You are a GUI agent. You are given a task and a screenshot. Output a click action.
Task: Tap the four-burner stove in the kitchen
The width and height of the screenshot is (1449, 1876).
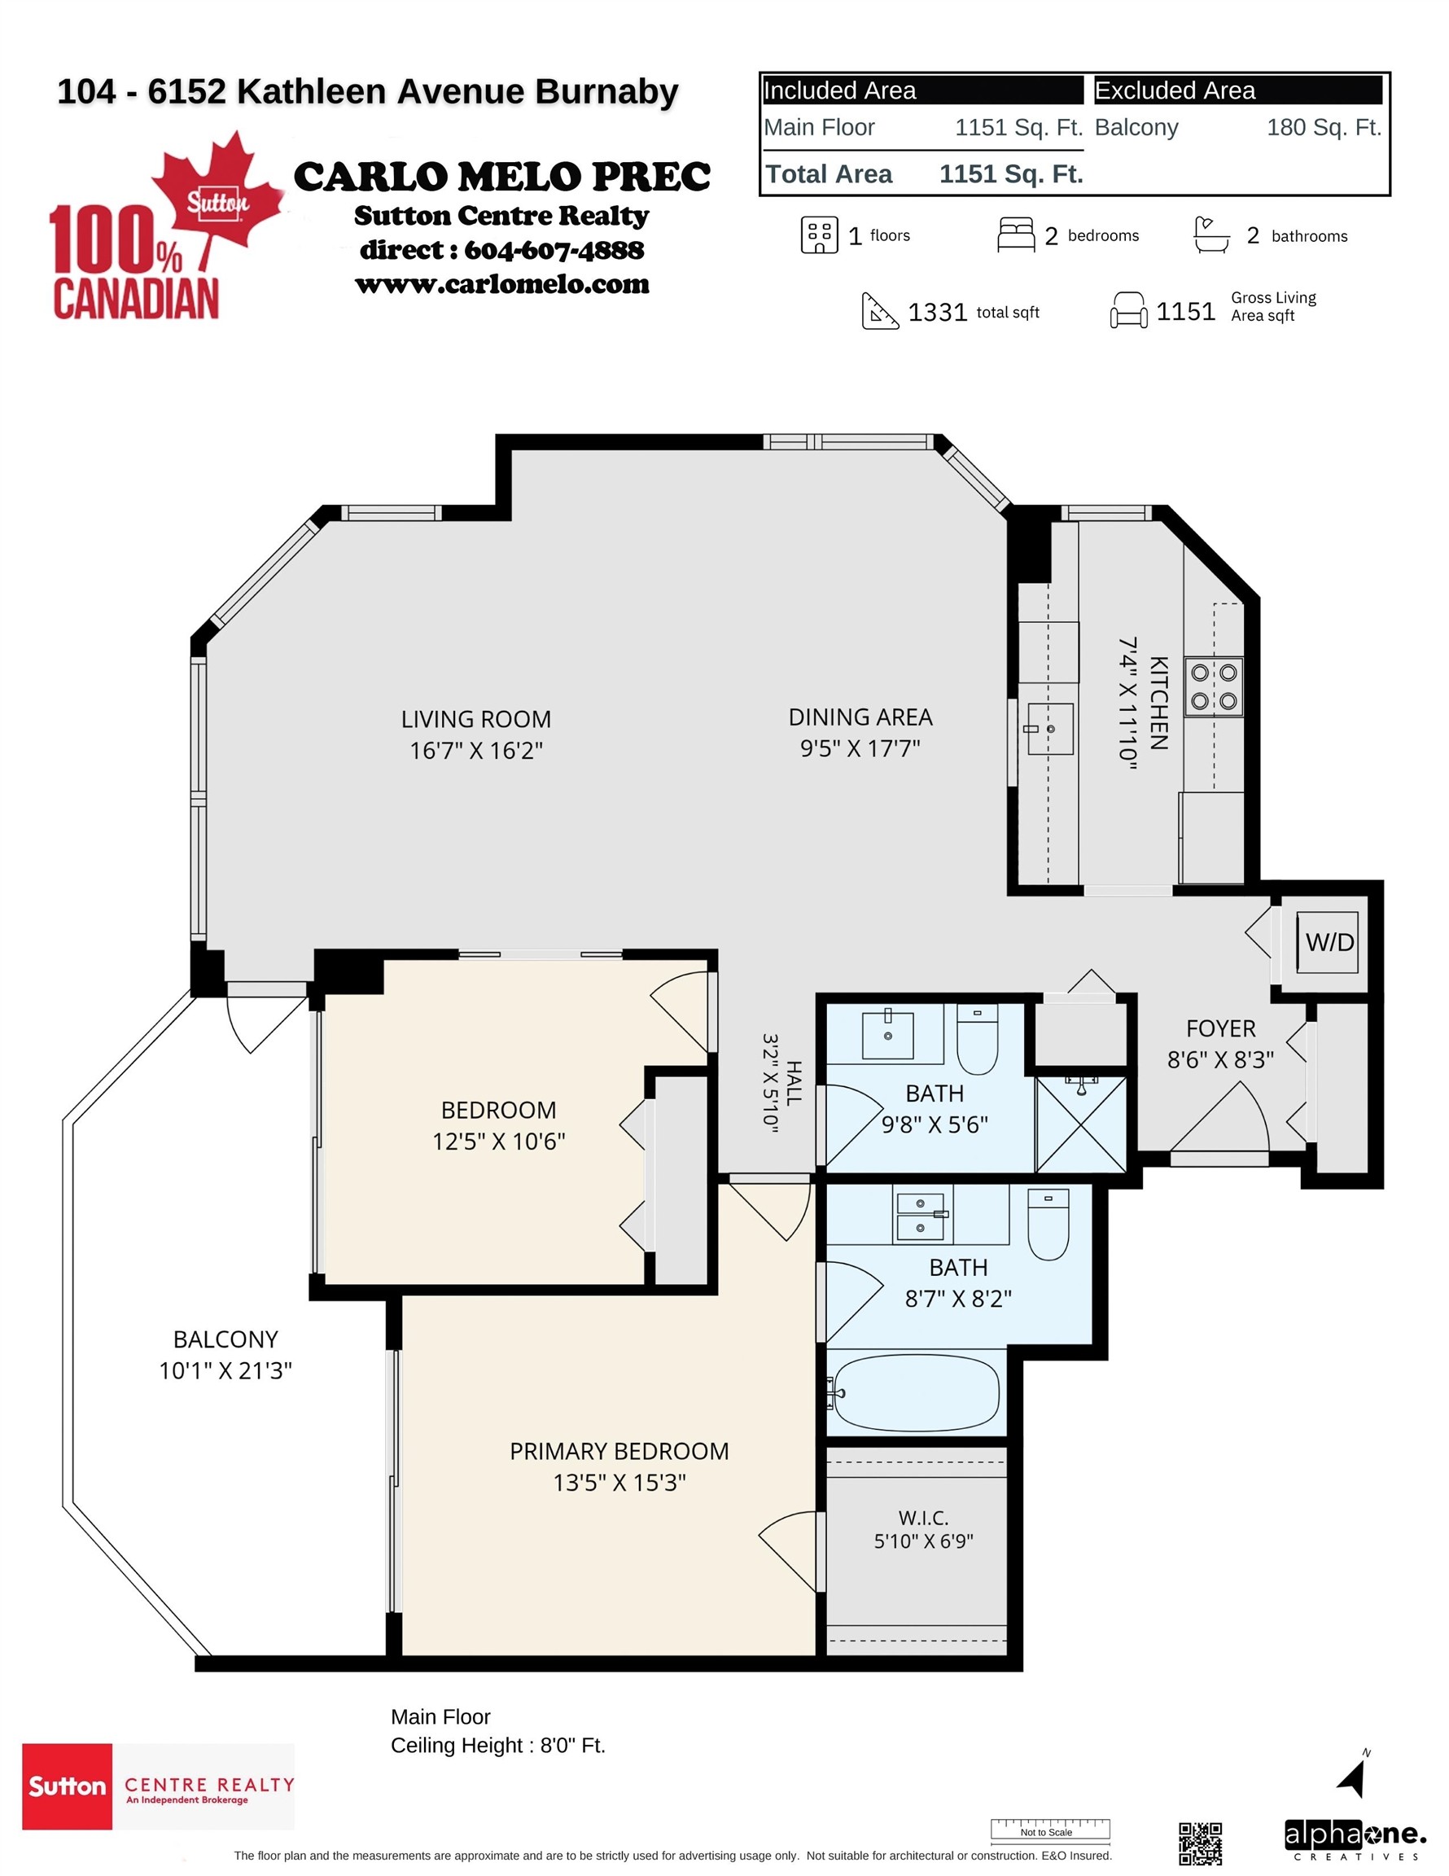coord(1214,686)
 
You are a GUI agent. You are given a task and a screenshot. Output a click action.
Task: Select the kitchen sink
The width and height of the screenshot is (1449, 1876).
coord(1049,729)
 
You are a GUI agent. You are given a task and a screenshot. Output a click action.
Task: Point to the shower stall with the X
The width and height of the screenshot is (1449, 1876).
coord(1081,1124)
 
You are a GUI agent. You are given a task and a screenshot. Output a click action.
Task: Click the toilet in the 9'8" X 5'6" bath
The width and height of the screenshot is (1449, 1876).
coord(978,1038)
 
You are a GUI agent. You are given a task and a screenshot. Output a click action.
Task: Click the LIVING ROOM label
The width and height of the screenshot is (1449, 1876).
coord(476,719)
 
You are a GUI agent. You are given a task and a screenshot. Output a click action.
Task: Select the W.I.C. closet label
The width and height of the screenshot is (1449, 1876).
coord(923,1518)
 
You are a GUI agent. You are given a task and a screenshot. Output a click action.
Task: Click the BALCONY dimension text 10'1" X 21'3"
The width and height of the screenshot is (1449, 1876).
coord(225,1370)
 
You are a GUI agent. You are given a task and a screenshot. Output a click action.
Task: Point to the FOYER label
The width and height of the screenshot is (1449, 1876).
coord(1220,1028)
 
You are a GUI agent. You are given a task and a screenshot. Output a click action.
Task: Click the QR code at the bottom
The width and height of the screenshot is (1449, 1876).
coord(1200,1843)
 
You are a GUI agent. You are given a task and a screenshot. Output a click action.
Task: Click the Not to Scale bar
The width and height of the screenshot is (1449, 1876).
coord(1050,1829)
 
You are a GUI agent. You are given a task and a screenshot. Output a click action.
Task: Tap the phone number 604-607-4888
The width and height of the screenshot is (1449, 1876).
coord(554,250)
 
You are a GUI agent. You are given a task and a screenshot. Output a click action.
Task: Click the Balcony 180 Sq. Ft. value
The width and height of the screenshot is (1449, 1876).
coord(1324,127)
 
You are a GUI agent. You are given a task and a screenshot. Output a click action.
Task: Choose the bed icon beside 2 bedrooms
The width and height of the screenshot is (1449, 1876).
coord(1016,234)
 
